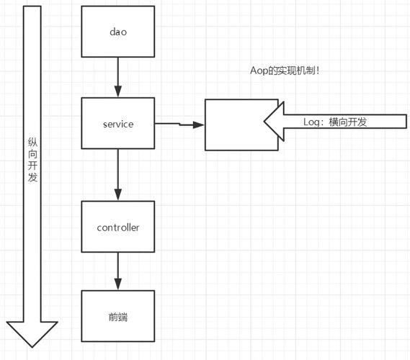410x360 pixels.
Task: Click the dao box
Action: [x=118, y=32]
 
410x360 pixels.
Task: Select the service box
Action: [x=118, y=124]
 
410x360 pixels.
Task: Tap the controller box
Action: [x=118, y=228]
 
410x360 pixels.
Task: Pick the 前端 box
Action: [x=118, y=317]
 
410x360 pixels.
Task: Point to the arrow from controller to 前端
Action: [x=118, y=271]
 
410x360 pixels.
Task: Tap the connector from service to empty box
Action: [x=179, y=124]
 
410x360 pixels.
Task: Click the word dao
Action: [x=118, y=32]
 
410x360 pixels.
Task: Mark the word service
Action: [x=118, y=124]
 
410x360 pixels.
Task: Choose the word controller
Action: [x=118, y=228]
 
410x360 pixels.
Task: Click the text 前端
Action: [x=118, y=317]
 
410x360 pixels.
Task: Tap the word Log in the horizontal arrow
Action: [x=313, y=122]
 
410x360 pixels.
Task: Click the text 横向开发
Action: [x=348, y=122]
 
